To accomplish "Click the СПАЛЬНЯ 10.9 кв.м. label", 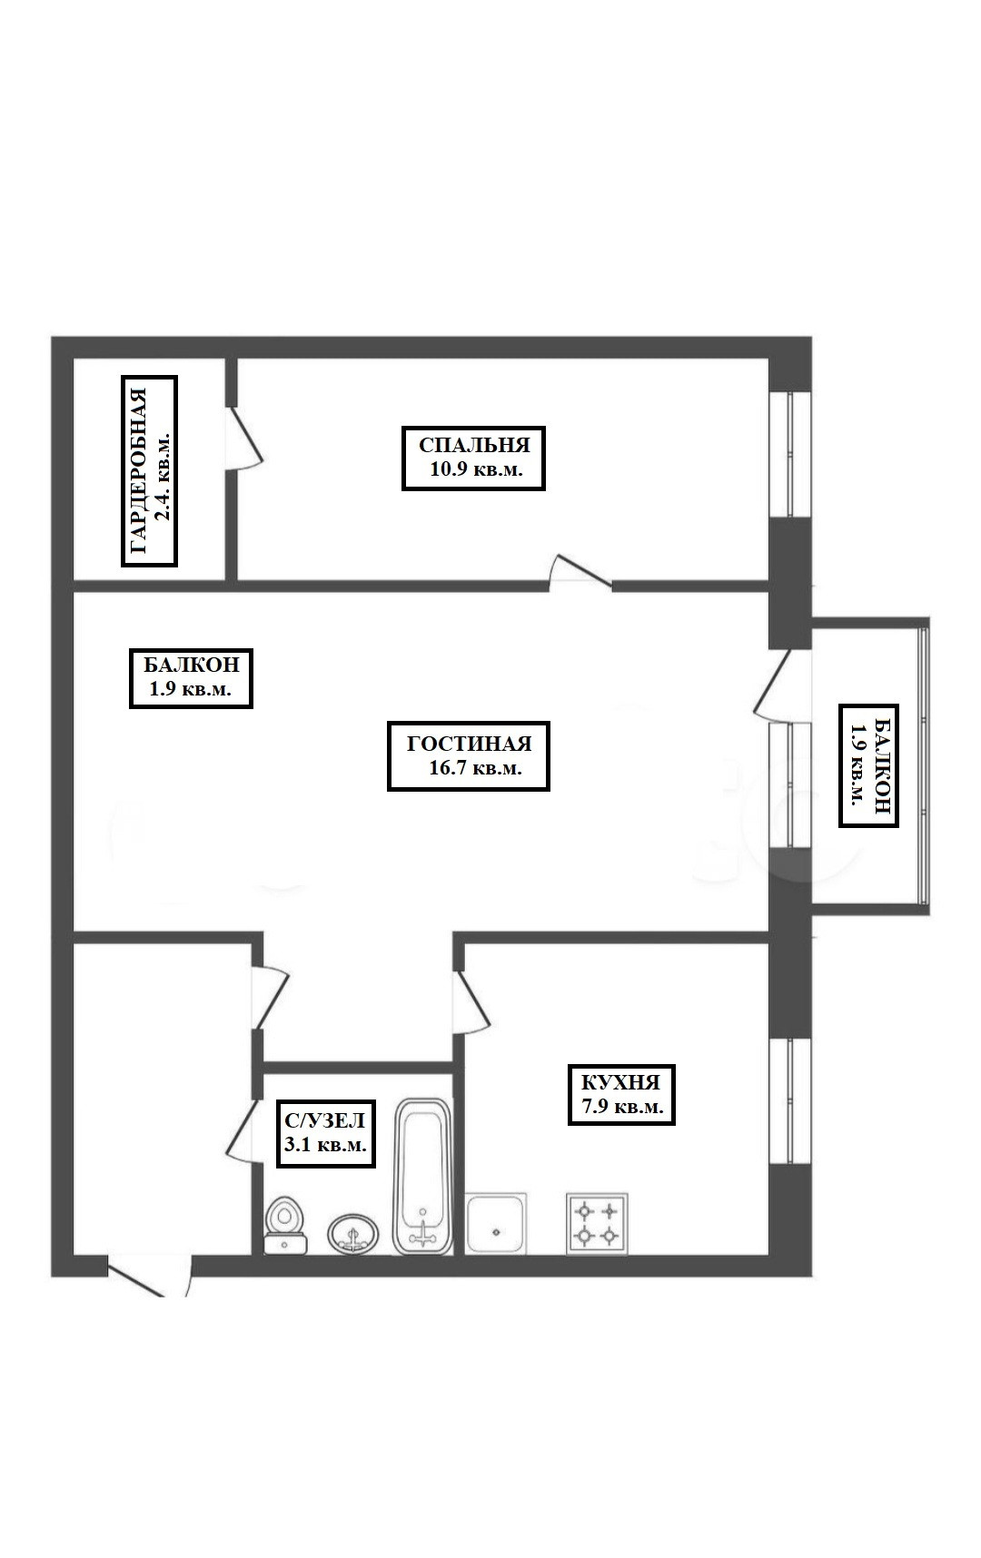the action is click(473, 459).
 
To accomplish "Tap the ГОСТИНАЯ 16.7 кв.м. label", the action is click(469, 756).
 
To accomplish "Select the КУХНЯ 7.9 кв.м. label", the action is click(621, 1094).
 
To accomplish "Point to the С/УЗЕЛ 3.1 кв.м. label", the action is click(326, 1133).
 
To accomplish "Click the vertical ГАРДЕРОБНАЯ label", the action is click(150, 471).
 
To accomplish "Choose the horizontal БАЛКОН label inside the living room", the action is click(191, 676).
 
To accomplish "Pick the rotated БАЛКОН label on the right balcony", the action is click(868, 765).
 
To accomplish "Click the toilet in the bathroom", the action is click(286, 1226).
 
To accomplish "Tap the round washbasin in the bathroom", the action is click(353, 1233).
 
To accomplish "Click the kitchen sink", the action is click(496, 1225).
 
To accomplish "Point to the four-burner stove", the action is click(597, 1223).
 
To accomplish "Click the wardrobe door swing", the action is click(245, 438).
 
